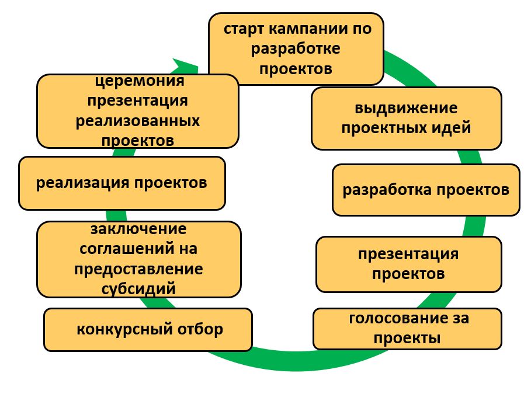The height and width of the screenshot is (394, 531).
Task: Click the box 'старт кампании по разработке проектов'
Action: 296,50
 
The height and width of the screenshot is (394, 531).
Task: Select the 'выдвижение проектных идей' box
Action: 406,118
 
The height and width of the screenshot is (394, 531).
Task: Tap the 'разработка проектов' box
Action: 425,190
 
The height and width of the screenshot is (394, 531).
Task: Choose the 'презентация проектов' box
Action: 408,264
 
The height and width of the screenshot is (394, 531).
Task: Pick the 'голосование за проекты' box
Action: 407,329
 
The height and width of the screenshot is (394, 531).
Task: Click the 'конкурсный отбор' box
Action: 148,330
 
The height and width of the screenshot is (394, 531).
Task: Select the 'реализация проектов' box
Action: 122,183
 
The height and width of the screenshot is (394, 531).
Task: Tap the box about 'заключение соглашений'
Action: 139,259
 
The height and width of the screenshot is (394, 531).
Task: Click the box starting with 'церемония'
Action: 137,111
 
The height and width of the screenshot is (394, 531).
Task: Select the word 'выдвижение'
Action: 406,109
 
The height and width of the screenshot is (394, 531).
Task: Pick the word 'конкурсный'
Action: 119,330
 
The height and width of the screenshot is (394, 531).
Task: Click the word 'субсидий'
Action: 139,288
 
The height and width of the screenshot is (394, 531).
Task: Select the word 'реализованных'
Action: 138,121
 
